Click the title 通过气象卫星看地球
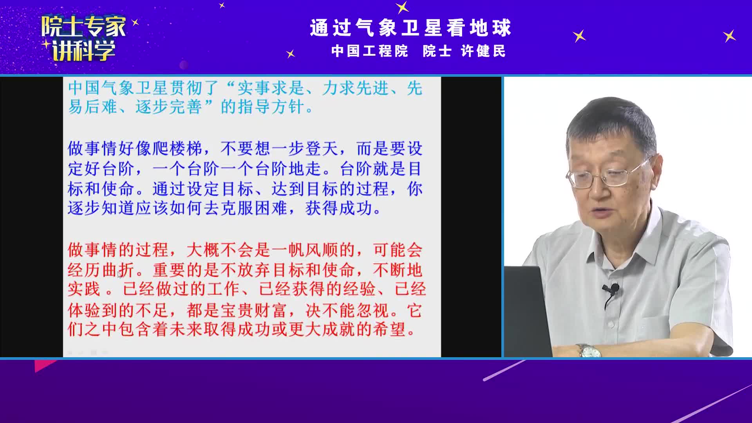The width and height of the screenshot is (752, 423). point(411,28)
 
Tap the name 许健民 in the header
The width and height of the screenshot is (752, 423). point(483,51)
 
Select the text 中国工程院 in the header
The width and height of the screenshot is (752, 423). point(370,51)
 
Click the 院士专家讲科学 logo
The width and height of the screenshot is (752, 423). point(84,38)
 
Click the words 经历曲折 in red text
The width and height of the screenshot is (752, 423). point(101,270)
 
